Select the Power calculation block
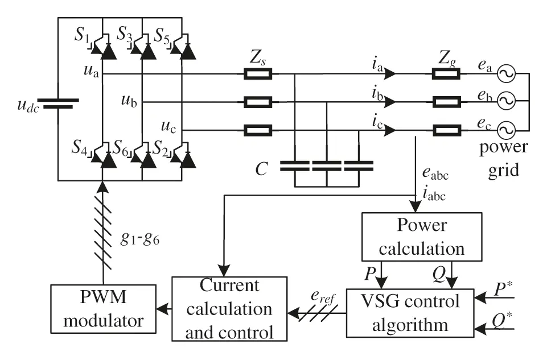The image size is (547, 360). (421, 237)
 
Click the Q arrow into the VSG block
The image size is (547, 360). (452, 275)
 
